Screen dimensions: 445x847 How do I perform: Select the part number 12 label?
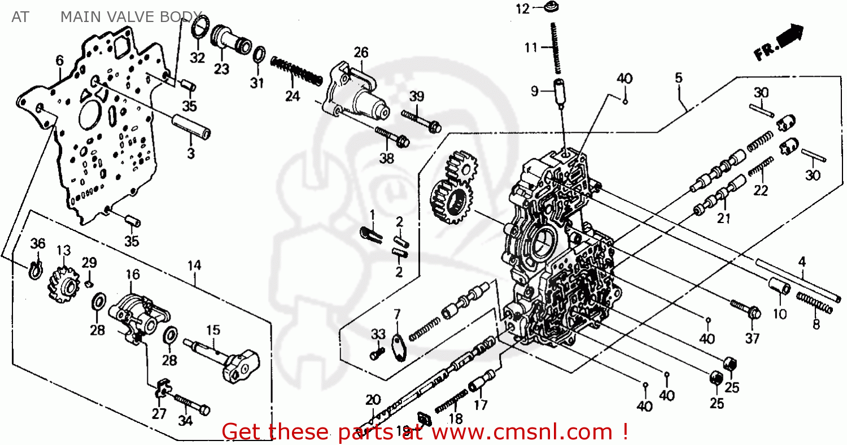tap(522, 9)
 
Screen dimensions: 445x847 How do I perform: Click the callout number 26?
tap(361, 53)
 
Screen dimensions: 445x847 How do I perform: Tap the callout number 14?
tap(194, 265)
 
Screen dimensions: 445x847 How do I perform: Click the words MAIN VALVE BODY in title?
tap(130, 16)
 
